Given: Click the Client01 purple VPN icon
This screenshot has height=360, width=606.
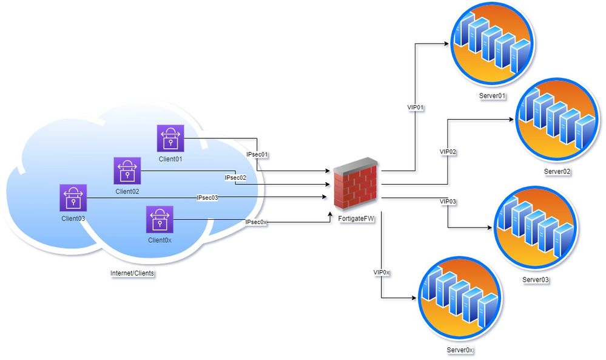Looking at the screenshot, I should click(x=170, y=138).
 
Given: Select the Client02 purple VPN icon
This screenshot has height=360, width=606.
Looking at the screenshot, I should click(x=127, y=171).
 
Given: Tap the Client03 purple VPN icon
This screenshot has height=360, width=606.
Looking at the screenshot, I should click(x=73, y=198).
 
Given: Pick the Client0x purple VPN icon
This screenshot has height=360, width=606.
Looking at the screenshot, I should click(x=160, y=219).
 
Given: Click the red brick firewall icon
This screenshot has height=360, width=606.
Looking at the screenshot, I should click(x=355, y=182).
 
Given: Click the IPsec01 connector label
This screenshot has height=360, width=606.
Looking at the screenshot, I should click(x=258, y=155).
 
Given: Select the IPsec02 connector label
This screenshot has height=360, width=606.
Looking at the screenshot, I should click(x=235, y=178).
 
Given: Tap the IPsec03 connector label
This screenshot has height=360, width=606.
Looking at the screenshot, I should click(x=207, y=198).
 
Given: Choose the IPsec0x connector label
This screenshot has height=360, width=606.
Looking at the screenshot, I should click(x=256, y=223).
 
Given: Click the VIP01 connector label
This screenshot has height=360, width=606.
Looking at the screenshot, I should click(x=415, y=108).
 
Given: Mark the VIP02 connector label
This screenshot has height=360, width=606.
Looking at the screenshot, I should click(x=448, y=151).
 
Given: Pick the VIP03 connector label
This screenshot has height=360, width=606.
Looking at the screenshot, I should click(x=448, y=201).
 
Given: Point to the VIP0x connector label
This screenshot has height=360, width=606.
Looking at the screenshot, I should click(x=382, y=273).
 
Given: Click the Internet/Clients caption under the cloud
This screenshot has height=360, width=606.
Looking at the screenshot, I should click(x=132, y=273).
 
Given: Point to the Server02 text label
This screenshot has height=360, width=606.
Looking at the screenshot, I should click(x=557, y=171).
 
